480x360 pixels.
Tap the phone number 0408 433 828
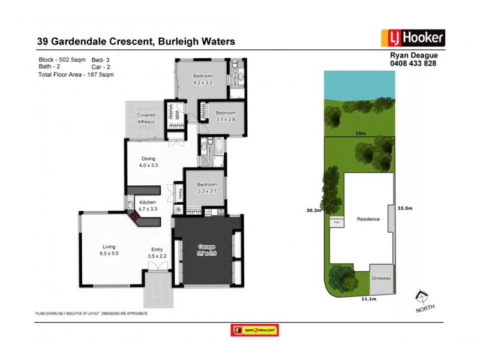pos(413,62)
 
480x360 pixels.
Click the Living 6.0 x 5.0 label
pos(109,251)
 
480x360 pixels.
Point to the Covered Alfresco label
pos(146,118)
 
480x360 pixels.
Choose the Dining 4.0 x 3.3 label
pos(148,162)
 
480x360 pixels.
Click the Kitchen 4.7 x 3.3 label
pos(148,206)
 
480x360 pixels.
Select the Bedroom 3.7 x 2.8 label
pos(226,116)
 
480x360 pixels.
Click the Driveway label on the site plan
pos(380,278)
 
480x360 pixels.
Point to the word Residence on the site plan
pos(368,219)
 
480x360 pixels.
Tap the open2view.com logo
pos(256,329)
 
